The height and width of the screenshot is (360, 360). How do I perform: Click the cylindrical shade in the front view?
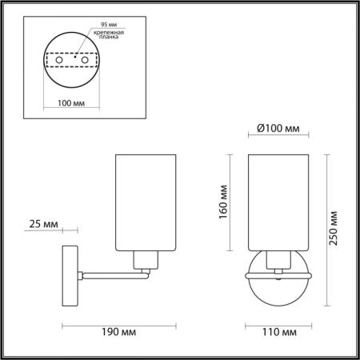[278, 200]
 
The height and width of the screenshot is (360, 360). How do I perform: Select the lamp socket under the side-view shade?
[145, 259]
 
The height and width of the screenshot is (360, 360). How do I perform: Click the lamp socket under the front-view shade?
[278, 258]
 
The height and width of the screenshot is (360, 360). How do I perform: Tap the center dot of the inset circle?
[75, 58]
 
